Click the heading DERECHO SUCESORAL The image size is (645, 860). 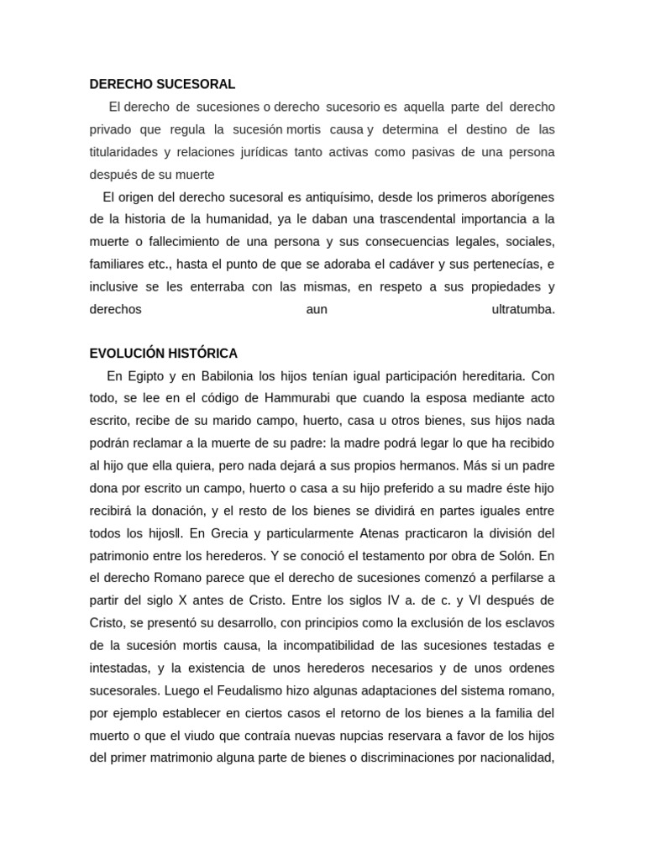(162, 84)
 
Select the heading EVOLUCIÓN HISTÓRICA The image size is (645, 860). (164, 353)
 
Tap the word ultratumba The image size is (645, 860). (523, 310)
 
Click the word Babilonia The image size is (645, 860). (228, 375)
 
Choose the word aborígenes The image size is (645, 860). (516, 197)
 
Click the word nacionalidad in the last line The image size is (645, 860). (517, 758)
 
